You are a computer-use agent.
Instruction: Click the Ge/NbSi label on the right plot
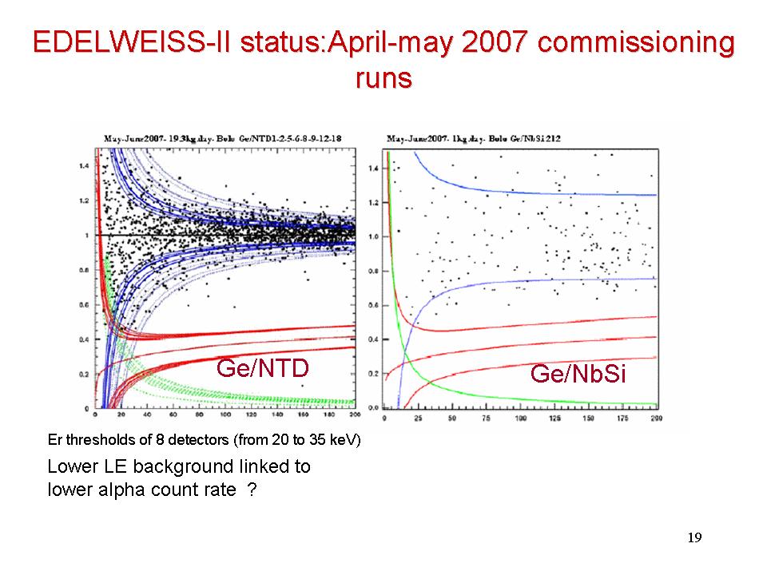pyautogui.click(x=578, y=374)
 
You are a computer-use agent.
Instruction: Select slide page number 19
pyautogui.click(x=694, y=537)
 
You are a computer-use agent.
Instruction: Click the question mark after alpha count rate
pyautogui.click(x=252, y=490)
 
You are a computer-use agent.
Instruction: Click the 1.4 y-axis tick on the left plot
pyautogui.click(x=84, y=166)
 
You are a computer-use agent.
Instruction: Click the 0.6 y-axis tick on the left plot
pyautogui.click(x=84, y=305)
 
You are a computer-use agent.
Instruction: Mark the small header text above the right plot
pyautogui.click(x=473, y=138)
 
